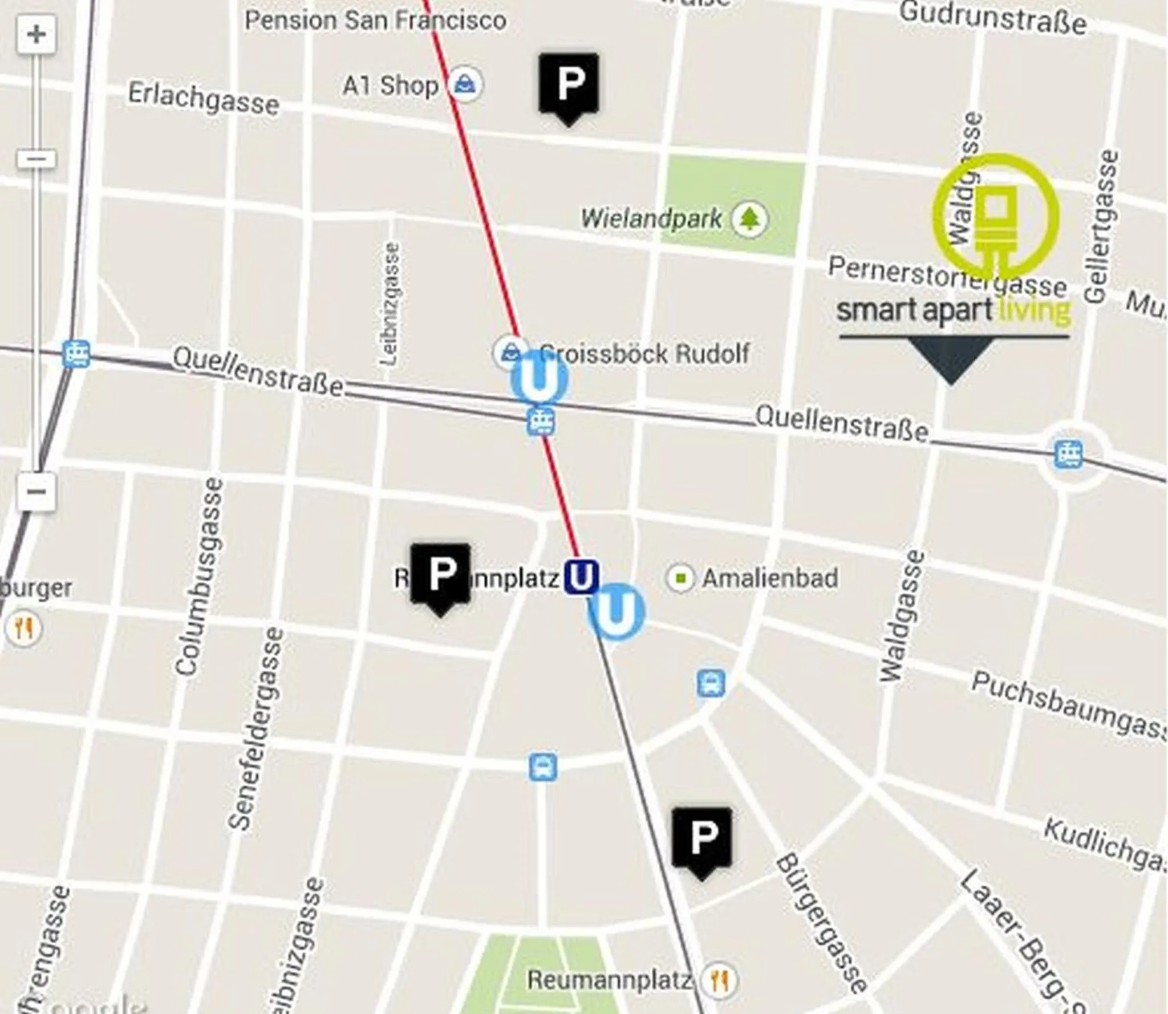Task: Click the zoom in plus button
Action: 36,35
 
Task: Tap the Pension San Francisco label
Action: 375,21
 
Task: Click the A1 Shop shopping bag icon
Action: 465,85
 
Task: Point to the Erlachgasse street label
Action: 204,99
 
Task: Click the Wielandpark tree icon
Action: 749,218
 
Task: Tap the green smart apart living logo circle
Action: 996,217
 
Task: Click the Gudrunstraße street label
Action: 993,19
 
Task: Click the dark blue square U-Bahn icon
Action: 581,577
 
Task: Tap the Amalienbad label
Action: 770,578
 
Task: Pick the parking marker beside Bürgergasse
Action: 701,838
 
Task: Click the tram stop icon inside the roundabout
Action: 1068,455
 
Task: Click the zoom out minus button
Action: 36,492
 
